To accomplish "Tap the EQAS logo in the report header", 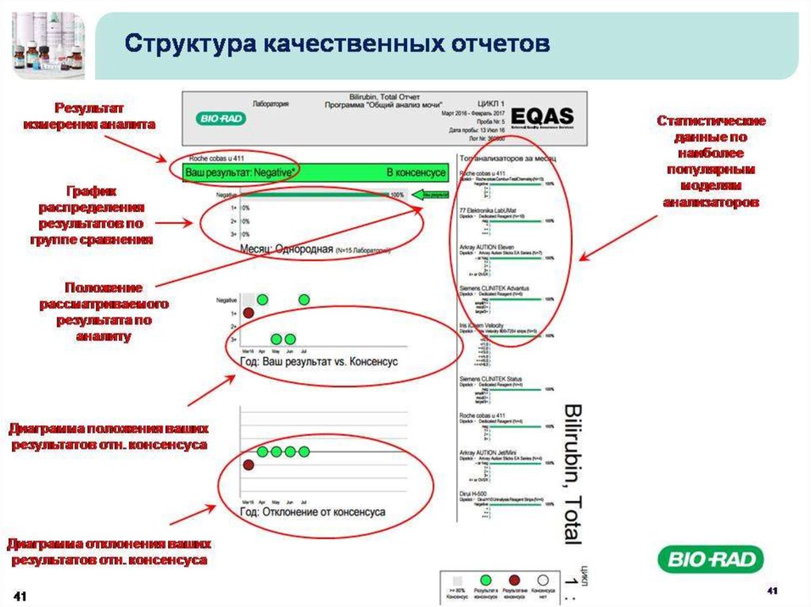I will pyautogui.click(x=543, y=116).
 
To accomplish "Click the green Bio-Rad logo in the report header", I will pyautogui.click(x=221, y=120).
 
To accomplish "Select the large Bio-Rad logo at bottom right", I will pyautogui.click(x=710, y=560).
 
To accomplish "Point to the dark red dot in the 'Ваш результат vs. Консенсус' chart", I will pyautogui.click(x=248, y=313).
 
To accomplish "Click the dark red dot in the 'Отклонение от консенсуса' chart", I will pyautogui.click(x=248, y=465).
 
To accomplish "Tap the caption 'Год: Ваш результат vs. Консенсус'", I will pyautogui.click(x=318, y=362).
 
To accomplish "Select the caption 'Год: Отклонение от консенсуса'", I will pyautogui.click(x=312, y=512).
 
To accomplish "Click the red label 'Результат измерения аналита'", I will pyautogui.click(x=89, y=116).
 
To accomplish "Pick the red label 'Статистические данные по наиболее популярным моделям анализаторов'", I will pyautogui.click(x=710, y=161).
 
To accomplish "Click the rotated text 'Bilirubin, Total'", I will pyautogui.click(x=571, y=472).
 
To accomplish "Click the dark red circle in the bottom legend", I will pyautogui.click(x=516, y=580).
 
